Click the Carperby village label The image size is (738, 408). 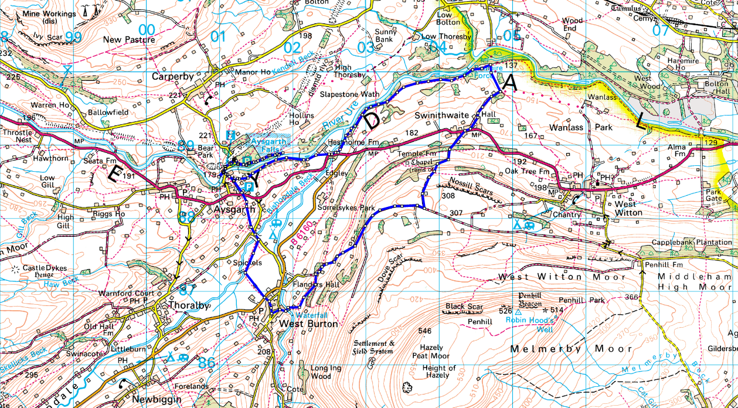[x=173, y=76]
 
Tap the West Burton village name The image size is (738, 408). [x=308, y=324]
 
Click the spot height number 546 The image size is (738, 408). [x=425, y=331]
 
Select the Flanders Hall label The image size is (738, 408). [x=316, y=284]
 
